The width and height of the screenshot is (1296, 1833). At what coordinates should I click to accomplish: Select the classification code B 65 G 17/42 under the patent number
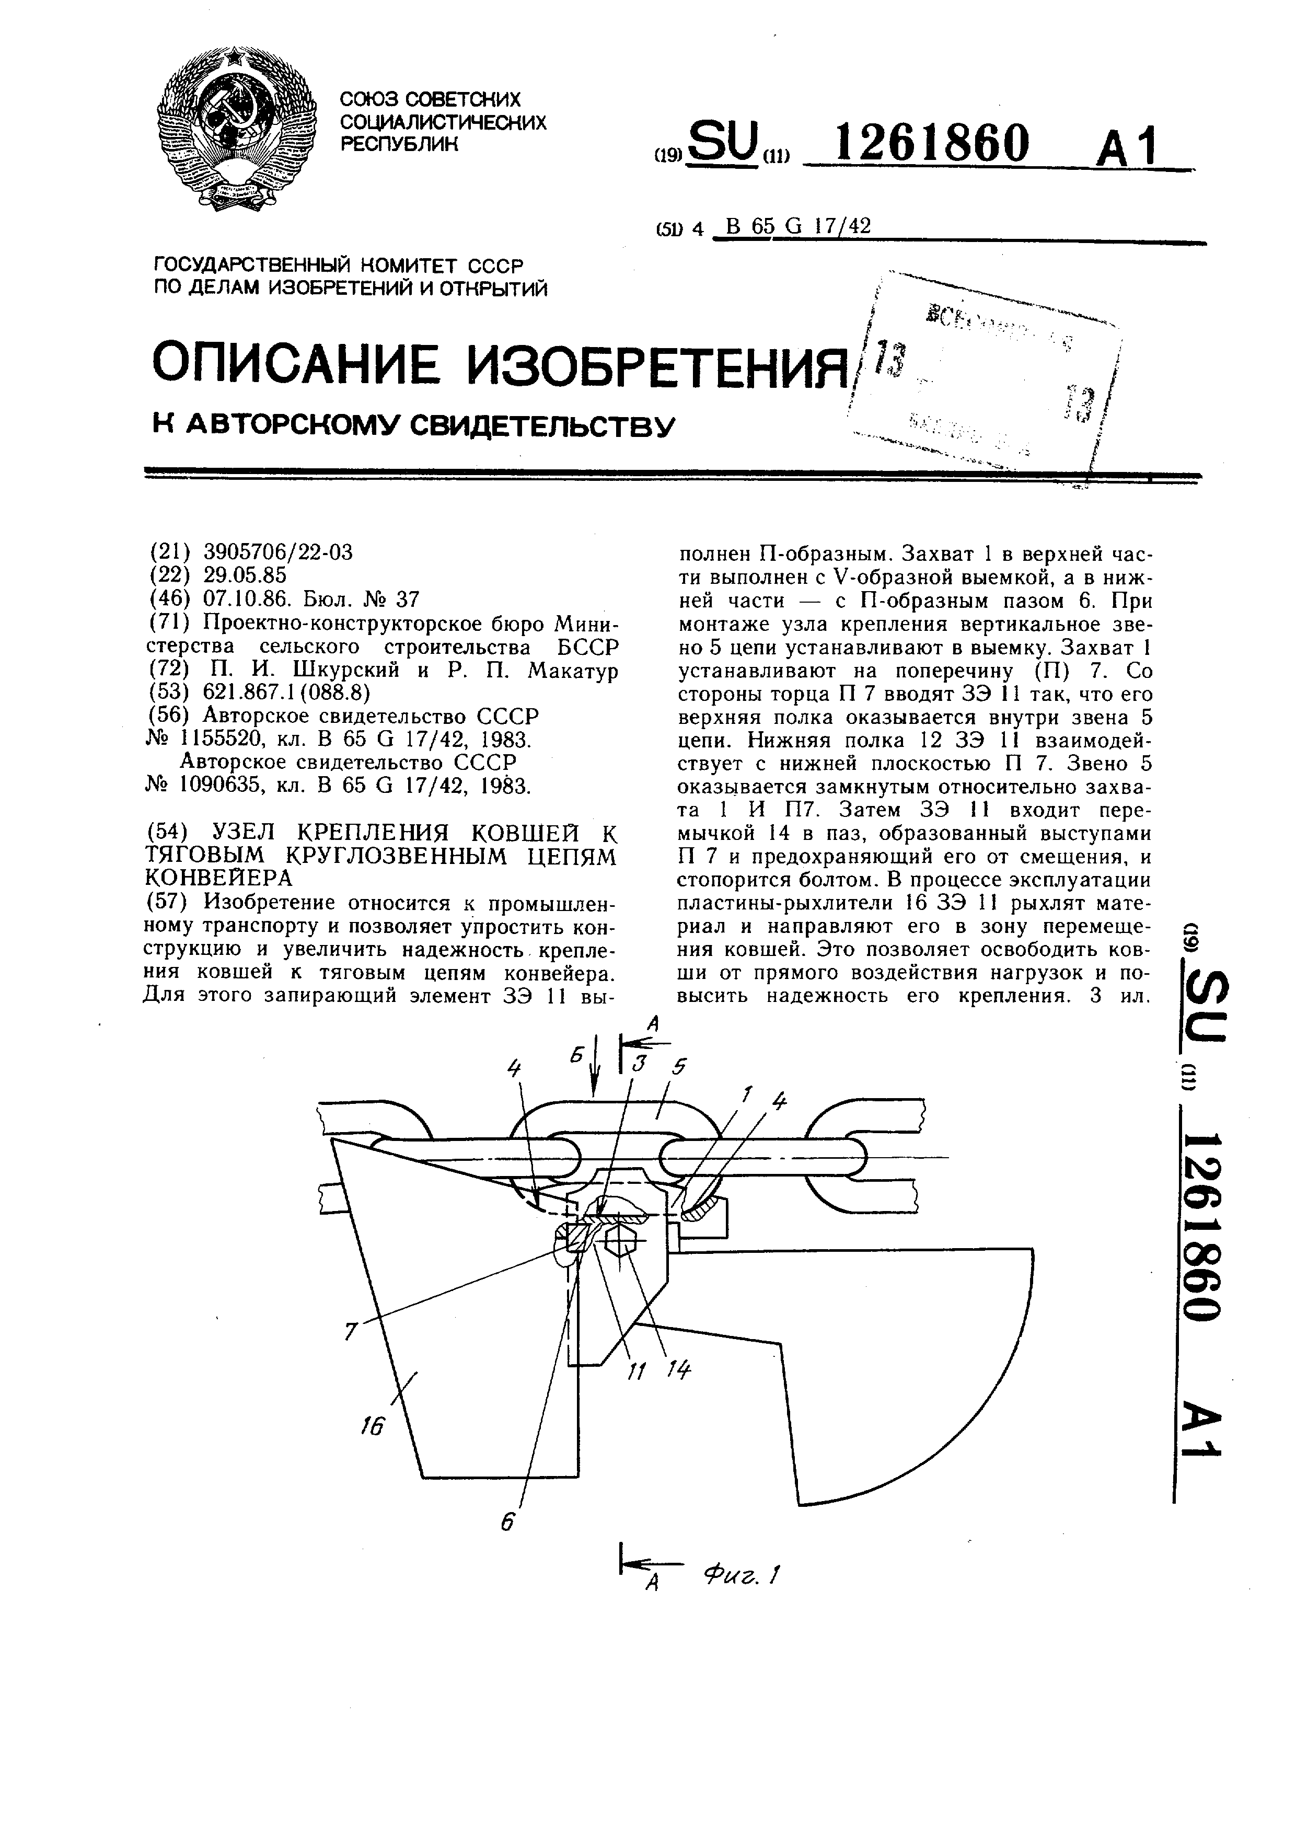[x=793, y=227]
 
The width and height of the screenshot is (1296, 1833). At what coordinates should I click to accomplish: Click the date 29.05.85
[x=244, y=575]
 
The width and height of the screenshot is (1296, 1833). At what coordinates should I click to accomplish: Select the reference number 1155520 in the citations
[x=217, y=739]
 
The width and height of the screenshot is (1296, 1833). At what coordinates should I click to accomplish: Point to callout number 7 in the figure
[x=349, y=1332]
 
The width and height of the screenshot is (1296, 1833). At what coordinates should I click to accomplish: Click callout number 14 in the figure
[x=678, y=1369]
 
